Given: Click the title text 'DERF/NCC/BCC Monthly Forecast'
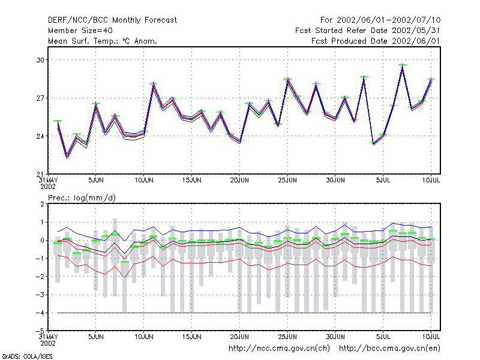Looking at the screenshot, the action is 112,20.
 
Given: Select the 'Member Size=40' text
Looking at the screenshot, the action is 80,31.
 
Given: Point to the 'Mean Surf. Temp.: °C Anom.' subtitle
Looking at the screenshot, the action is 103,41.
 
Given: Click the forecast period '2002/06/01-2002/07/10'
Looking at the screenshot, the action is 388,20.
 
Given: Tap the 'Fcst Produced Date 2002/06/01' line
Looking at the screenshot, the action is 376,41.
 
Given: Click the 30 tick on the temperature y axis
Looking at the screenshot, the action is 40,60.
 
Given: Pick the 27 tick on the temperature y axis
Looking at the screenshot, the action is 40,98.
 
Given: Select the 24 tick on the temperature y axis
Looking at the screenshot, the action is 40,136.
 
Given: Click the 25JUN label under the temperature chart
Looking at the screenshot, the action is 287,181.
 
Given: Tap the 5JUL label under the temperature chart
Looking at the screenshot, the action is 383,181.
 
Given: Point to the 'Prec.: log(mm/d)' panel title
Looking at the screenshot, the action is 82,198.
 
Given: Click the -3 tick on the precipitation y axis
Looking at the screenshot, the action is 40,295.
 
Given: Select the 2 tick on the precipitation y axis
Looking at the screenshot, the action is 42,204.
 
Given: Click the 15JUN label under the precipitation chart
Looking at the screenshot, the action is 191,337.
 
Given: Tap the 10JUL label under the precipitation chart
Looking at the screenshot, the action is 431,337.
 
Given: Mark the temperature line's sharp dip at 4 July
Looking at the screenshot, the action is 373,143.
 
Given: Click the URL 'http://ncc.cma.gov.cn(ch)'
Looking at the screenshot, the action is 279,349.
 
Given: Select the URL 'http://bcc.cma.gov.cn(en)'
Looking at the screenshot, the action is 389,349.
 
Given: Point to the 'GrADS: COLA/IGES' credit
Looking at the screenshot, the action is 27,356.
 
